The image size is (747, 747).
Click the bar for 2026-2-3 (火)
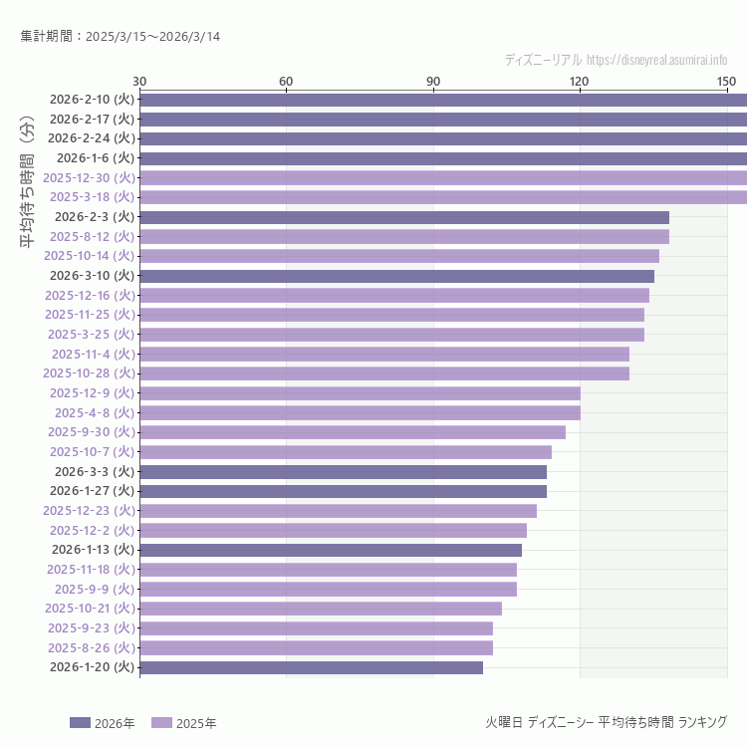(404, 217)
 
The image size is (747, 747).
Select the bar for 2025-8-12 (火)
(404, 236)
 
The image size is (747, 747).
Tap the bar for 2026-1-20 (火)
(311, 667)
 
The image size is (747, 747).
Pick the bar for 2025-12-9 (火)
(360, 393)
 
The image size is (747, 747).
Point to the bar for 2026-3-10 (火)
(396, 276)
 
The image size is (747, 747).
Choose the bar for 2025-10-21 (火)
(321, 609)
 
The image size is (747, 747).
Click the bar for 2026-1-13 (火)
(331, 550)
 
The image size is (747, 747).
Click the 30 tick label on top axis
(139, 81)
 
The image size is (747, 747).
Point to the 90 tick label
(433, 81)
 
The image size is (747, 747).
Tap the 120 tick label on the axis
(580, 81)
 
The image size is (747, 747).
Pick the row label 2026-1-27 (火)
(92, 491)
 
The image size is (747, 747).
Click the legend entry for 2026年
(102, 723)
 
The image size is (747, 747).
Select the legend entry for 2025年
(183, 723)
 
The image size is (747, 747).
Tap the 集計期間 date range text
(121, 37)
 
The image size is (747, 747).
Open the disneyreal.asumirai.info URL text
(657, 60)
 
